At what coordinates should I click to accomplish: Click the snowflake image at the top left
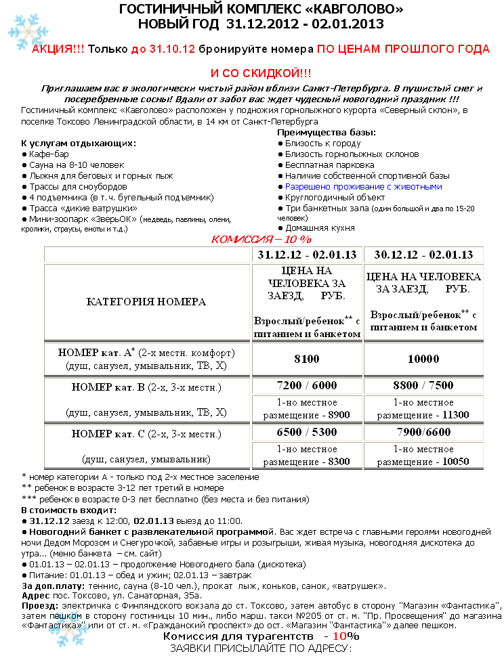coord(24,30)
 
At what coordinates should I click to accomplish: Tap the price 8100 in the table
coord(307,359)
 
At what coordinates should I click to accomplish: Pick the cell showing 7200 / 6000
coord(307,385)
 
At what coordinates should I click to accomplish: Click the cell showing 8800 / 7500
coord(423,385)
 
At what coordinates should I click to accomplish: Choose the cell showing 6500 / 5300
coord(307,431)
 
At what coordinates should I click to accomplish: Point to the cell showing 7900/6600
coord(423,431)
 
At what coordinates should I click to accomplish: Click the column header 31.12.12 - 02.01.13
coord(307,255)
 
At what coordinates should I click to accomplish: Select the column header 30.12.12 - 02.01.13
coord(423,255)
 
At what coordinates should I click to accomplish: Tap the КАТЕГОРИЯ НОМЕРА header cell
coord(146,302)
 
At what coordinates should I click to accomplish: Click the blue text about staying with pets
coord(363,186)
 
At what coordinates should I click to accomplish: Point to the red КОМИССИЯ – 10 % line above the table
coord(261,239)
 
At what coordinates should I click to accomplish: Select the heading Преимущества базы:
coord(327,133)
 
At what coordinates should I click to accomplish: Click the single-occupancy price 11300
coord(424,414)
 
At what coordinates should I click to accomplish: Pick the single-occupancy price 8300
coord(307,461)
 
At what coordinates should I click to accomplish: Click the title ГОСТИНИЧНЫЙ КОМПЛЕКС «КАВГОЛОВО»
coord(261,9)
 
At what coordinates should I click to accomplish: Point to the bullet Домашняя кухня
coord(317,228)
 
